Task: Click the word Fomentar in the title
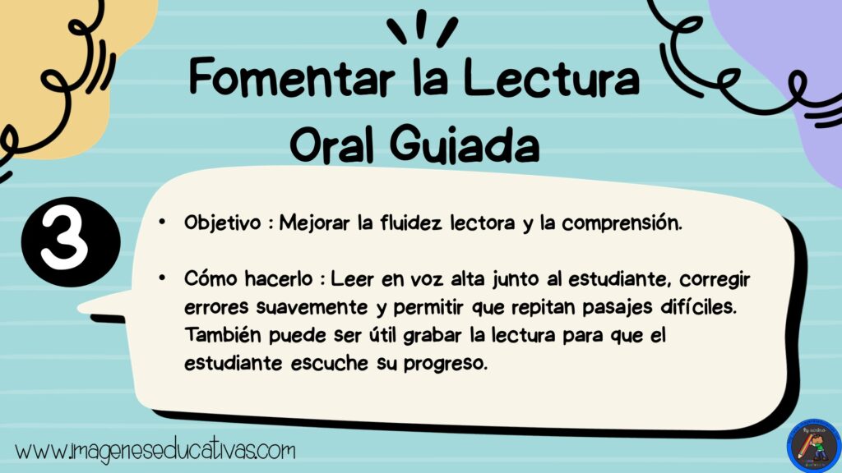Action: pyautogui.click(x=292, y=78)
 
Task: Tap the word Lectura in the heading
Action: pyautogui.click(x=552, y=78)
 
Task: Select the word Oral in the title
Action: pyautogui.click(x=331, y=144)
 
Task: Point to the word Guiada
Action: pyautogui.click(x=465, y=144)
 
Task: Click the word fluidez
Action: pyautogui.click(x=411, y=223)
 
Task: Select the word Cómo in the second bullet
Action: pyautogui.click(x=210, y=278)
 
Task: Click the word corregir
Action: pyautogui.click(x=715, y=280)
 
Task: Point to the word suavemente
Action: pyautogui.click(x=312, y=308)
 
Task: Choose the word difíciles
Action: pyautogui.click(x=699, y=307)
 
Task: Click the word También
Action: pyautogui.click(x=223, y=335)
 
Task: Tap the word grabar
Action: pyautogui.click(x=433, y=336)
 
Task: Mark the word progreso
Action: pyautogui.click(x=446, y=364)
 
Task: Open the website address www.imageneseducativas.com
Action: pyautogui.click(x=155, y=452)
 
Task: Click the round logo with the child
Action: pyautogui.click(x=813, y=446)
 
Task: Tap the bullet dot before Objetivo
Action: pyautogui.click(x=162, y=222)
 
